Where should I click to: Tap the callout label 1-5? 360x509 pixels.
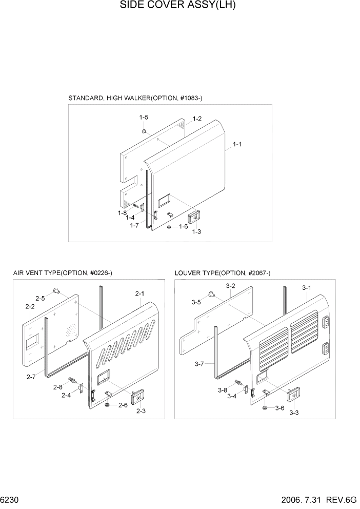pos(144,118)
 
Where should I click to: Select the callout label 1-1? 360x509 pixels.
pos(237,145)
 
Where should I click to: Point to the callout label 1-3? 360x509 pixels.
pos(196,232)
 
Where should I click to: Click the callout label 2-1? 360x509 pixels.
pos(140,293)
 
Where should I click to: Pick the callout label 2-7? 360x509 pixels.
pos(30,377)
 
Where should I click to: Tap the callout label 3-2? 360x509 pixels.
pos(230,286)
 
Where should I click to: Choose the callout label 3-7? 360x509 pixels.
pos(200,364)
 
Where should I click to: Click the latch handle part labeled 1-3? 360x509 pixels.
pos(195,218)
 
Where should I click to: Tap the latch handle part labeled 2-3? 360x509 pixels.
pos(137,397)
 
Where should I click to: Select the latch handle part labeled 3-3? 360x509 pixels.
pos(293,396)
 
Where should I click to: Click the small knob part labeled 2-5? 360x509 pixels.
pos(56,291)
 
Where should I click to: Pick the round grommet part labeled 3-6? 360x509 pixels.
pos(264,408)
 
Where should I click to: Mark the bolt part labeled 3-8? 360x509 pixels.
pos(238,382)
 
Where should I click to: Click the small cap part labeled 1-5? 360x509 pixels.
pos(145,131)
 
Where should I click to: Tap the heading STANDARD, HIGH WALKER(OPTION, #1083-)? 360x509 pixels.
pos(131,98)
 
